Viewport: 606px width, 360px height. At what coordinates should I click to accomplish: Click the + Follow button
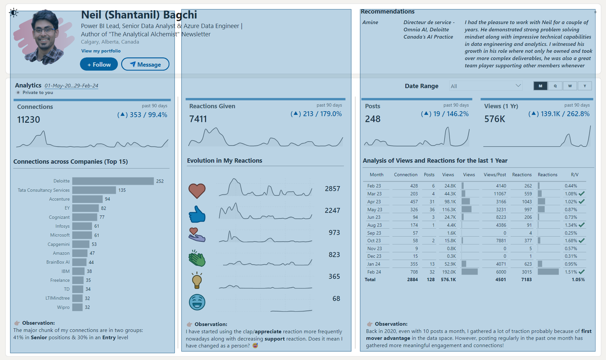99,64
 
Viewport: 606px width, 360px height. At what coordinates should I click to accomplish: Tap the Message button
145,64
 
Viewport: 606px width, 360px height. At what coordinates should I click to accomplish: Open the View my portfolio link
101,51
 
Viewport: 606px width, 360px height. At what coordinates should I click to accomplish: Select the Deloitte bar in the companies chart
113,181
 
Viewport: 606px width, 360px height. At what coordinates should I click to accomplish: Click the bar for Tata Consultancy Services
94,190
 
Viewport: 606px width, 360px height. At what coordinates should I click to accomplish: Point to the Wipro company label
63,307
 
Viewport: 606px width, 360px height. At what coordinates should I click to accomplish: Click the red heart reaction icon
197,190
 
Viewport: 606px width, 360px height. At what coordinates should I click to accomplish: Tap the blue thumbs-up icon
197,214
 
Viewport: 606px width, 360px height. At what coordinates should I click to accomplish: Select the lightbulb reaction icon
197,280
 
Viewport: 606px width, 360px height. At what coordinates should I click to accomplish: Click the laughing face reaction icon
197,302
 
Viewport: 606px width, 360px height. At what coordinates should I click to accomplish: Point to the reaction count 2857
332,189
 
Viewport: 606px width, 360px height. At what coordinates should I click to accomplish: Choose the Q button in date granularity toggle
555,86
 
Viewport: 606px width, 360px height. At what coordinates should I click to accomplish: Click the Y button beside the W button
585,86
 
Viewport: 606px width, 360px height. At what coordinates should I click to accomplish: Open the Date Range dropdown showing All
486,86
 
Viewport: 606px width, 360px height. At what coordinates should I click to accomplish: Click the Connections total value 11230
28,119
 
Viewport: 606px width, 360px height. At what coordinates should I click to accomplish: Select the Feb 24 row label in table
374,272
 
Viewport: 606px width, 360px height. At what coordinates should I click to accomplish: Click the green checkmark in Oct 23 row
582,241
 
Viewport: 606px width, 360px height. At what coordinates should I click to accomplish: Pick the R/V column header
574,175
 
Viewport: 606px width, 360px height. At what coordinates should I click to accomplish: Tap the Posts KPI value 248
373,119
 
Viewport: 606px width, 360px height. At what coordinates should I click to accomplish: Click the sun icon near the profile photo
14,13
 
